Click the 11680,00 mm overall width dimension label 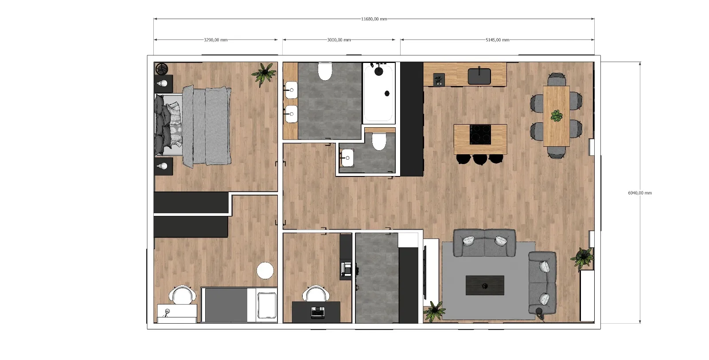tap(374, 19)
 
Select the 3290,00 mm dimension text tap(215, 40)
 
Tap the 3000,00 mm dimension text tap(339, 40)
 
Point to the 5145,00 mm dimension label tap(497, 40)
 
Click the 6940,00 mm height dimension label tap(640, 193)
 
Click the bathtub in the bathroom tap(379, 93)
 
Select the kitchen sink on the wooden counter tap(479, 76)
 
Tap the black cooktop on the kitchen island tap(480, 135)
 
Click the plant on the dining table tap(557, 116)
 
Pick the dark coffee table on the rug tap(485, 285)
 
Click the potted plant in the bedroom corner tap(264, 74)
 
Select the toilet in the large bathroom tap(325, 71)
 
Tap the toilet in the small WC tap(379, 141)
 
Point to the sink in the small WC tap(347, 158)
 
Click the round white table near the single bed tap(265, 271)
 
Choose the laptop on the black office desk tap(317, 313)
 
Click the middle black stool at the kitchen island tap(480, 159)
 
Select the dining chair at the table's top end tap(557, 79)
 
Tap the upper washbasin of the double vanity tap(291, 90)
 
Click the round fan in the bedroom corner tap(162, 69)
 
